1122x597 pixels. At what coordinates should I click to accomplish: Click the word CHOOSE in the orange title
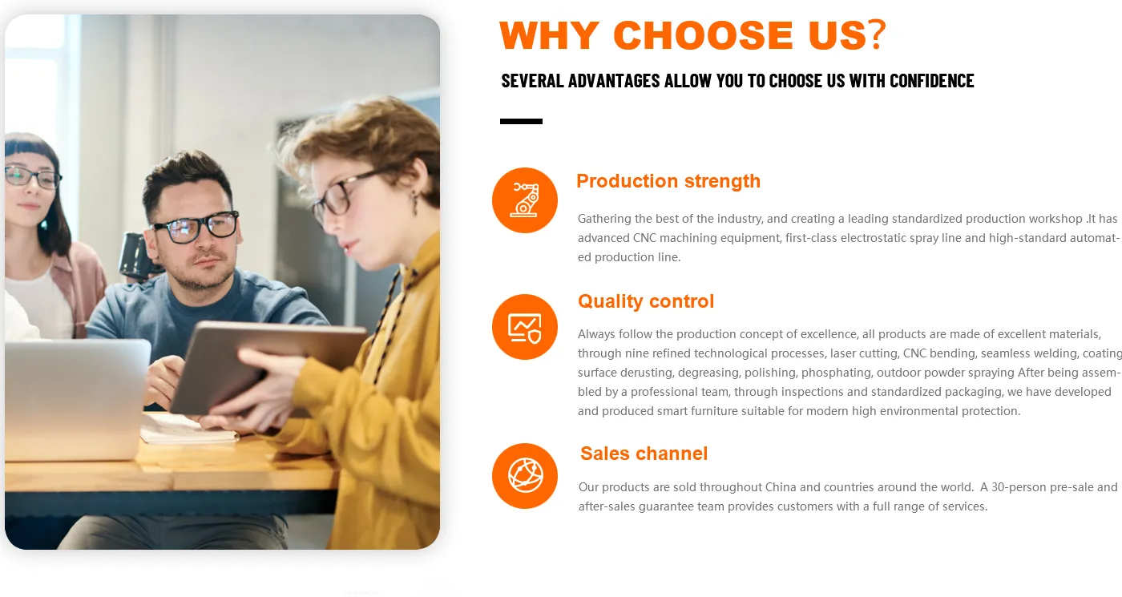coord(703,35)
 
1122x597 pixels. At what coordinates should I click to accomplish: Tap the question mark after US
coord(878,34)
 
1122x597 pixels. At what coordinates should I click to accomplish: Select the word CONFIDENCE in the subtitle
coord(931,81)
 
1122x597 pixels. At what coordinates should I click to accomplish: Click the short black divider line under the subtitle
coord(521,121)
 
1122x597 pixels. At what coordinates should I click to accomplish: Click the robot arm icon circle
coord(524,200)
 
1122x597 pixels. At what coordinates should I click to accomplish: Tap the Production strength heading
coord(668,181)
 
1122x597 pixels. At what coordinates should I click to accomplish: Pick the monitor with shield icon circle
coord(524,327)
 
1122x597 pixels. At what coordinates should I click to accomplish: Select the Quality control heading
coord(646,301)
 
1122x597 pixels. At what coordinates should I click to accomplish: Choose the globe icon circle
coord(524,476)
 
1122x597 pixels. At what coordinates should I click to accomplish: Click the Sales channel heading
coord(644,454)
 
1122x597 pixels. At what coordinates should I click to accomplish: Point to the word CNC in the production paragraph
coord(644,238)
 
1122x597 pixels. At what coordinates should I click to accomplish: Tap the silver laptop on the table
coord(76,399)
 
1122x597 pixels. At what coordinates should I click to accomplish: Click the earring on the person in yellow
coord(415,202)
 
